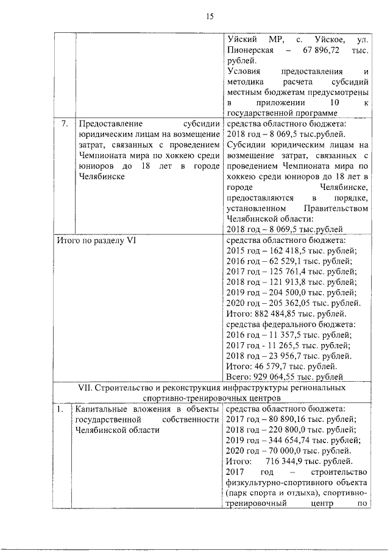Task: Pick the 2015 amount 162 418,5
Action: pos(292,252)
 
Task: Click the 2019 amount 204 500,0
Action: pos(292,292)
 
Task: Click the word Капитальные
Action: pos(100,409)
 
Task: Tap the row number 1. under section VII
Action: pos(60,409)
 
